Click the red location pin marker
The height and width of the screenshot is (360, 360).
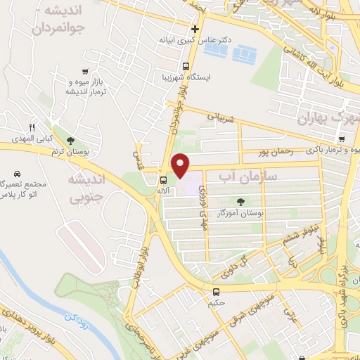pos(181,165)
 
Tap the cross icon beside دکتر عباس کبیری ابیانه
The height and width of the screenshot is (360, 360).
pos(195,29)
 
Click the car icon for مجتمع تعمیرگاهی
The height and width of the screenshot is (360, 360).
pos(16,172)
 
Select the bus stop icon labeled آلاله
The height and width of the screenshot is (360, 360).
pos(164,180)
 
